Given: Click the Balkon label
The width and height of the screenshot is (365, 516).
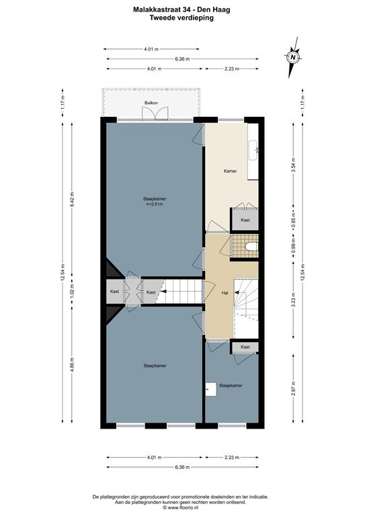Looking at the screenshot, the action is point(151,103).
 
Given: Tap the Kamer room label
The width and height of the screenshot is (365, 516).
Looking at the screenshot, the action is point(230,171).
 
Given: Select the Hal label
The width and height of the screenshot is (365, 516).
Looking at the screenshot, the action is point(225,292).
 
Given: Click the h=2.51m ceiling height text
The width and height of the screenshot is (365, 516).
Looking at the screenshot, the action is point(155,204).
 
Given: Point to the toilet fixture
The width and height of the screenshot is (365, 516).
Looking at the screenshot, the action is point(252,246).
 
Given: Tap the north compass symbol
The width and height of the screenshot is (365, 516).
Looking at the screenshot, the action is point(293,57).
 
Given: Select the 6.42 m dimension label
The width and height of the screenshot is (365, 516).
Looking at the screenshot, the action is point(72,199).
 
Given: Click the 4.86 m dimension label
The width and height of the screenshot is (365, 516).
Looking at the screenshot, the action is point(72,365).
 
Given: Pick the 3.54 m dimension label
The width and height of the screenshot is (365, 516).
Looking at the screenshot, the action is point(294,165).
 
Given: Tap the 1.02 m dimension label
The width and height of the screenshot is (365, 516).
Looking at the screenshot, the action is point(72,291).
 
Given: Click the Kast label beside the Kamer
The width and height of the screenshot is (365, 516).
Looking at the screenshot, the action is point(245,220).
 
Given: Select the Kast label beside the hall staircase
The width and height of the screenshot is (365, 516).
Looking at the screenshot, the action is point(245,347).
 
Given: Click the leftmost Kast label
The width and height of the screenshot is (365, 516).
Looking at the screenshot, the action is point(114,292).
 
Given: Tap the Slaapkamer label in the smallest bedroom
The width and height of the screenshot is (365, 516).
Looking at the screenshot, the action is point(231,386).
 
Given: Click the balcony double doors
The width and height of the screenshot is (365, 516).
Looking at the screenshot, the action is point(156,113).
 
